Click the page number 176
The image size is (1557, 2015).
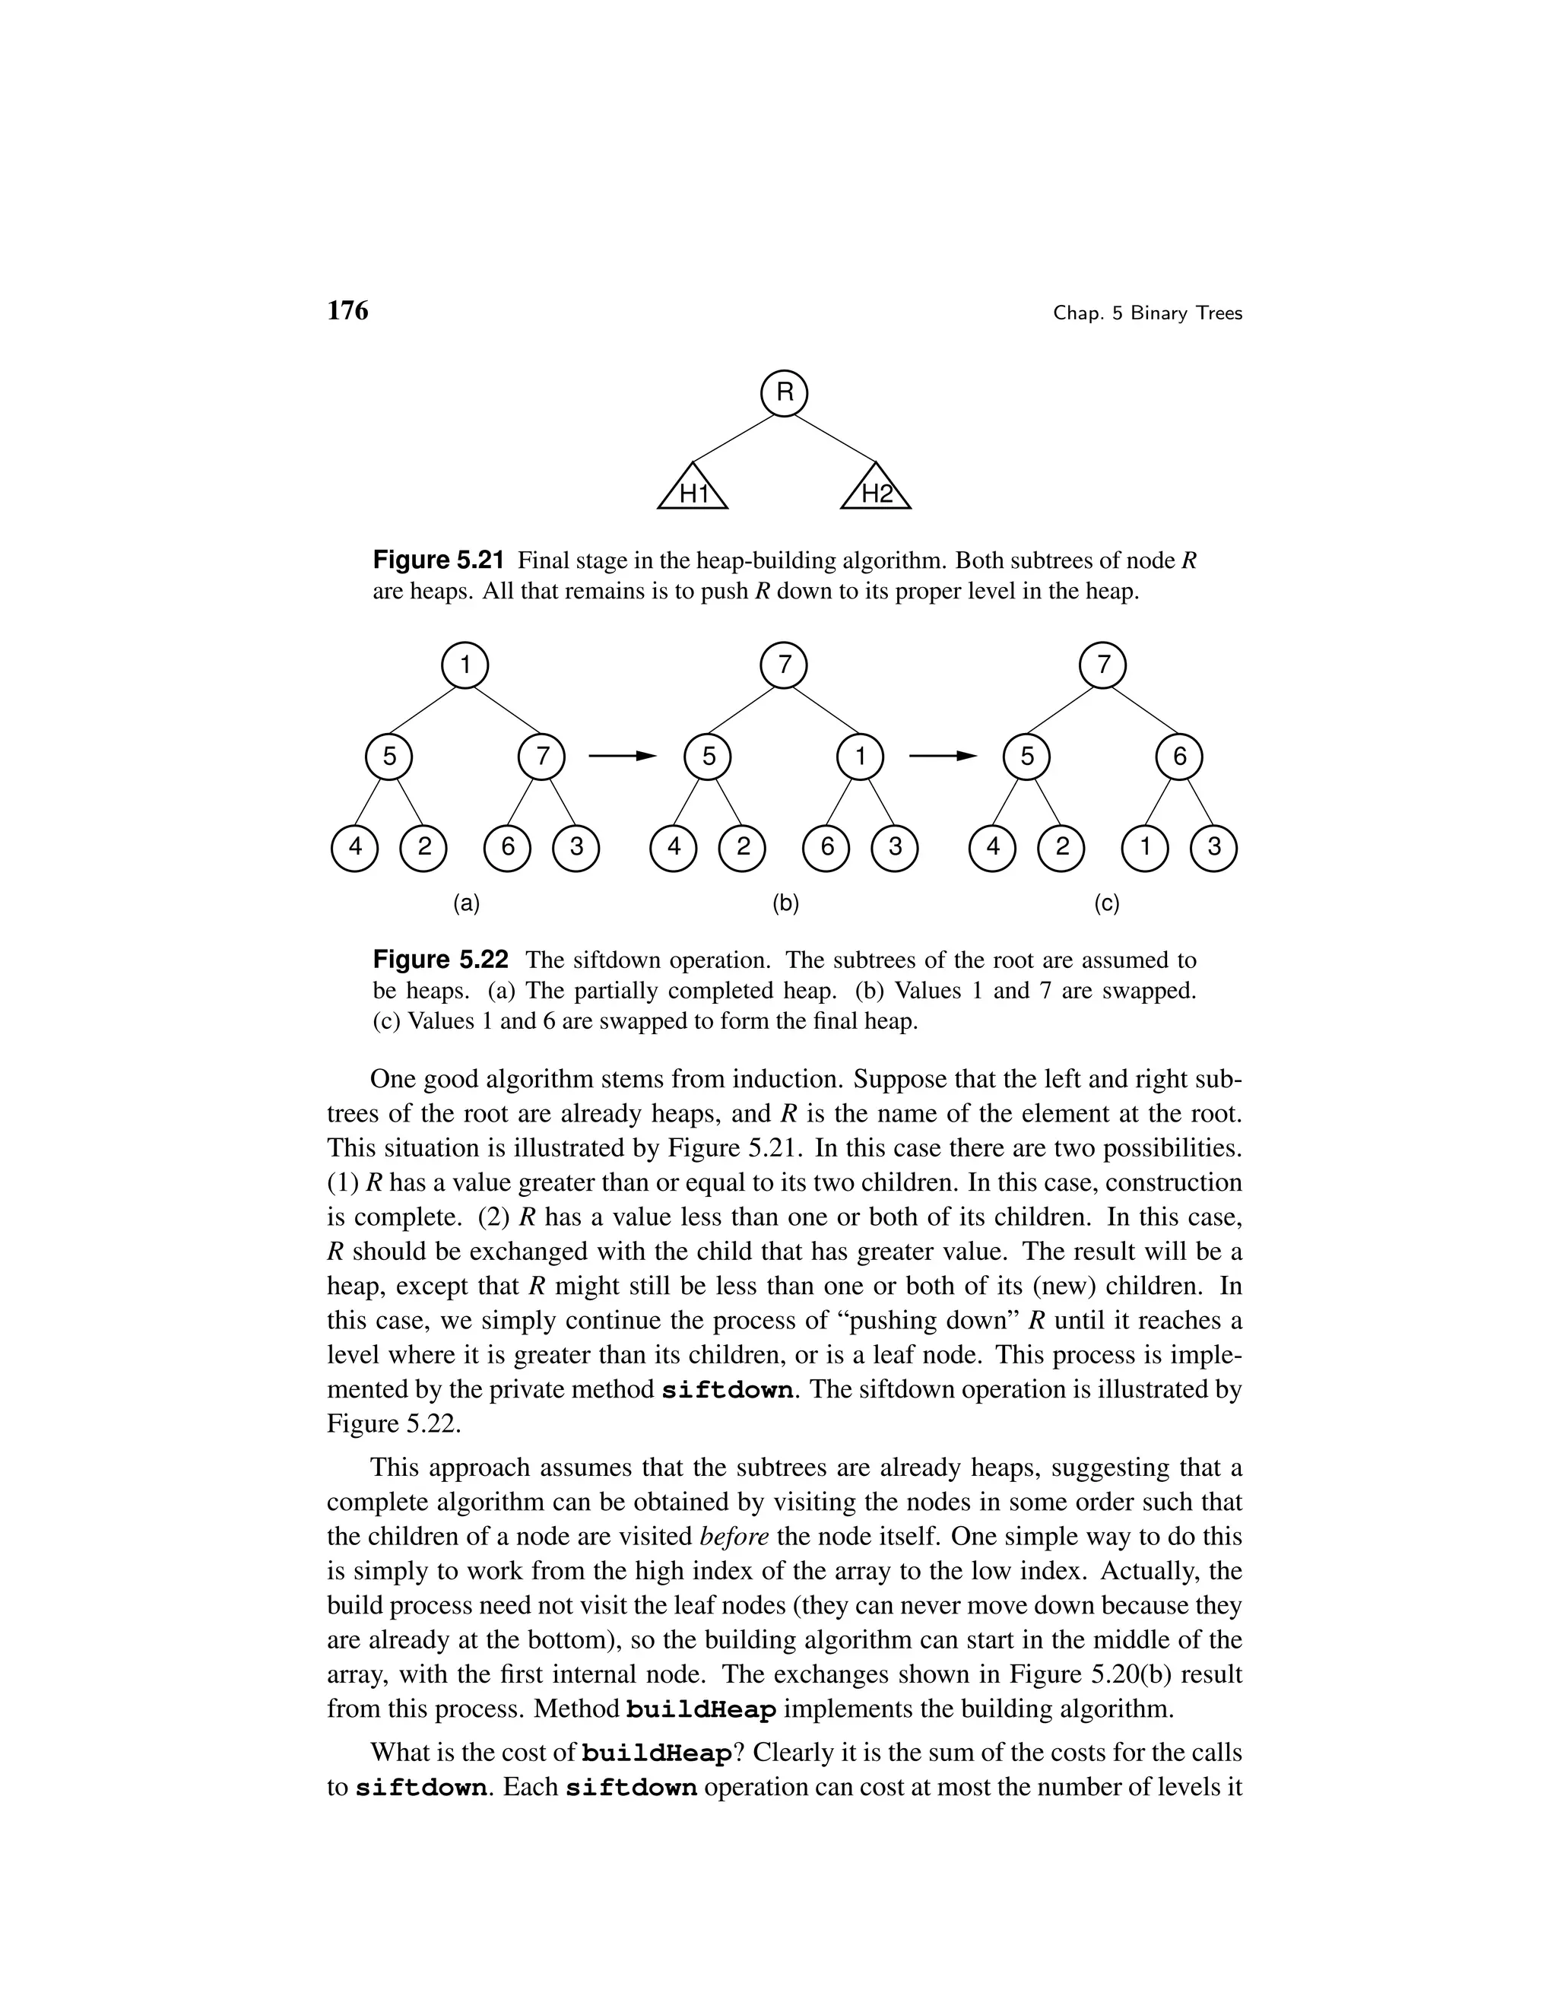tap(347, 311)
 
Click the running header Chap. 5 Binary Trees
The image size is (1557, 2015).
tap(1147, 314)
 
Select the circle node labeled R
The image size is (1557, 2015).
tap(784, 393)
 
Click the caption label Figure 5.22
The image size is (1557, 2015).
tap(440, 960)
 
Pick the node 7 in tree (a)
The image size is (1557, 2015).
tap(542, 757)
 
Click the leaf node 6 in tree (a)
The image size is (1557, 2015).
tap(507, 847)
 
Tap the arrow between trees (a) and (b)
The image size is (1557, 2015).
tap(622, 757)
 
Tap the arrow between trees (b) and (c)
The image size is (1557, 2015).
tap(942, 757)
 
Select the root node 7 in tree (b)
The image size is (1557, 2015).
tap(784, 665)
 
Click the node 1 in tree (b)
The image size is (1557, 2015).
tap(860, 757)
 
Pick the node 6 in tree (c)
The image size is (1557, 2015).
tap(1179, 757)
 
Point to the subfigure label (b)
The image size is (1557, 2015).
tap(785, 903)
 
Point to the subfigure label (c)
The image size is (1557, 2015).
tap(1106, 903)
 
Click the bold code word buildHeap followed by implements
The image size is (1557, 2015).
tap(701, 1709)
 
